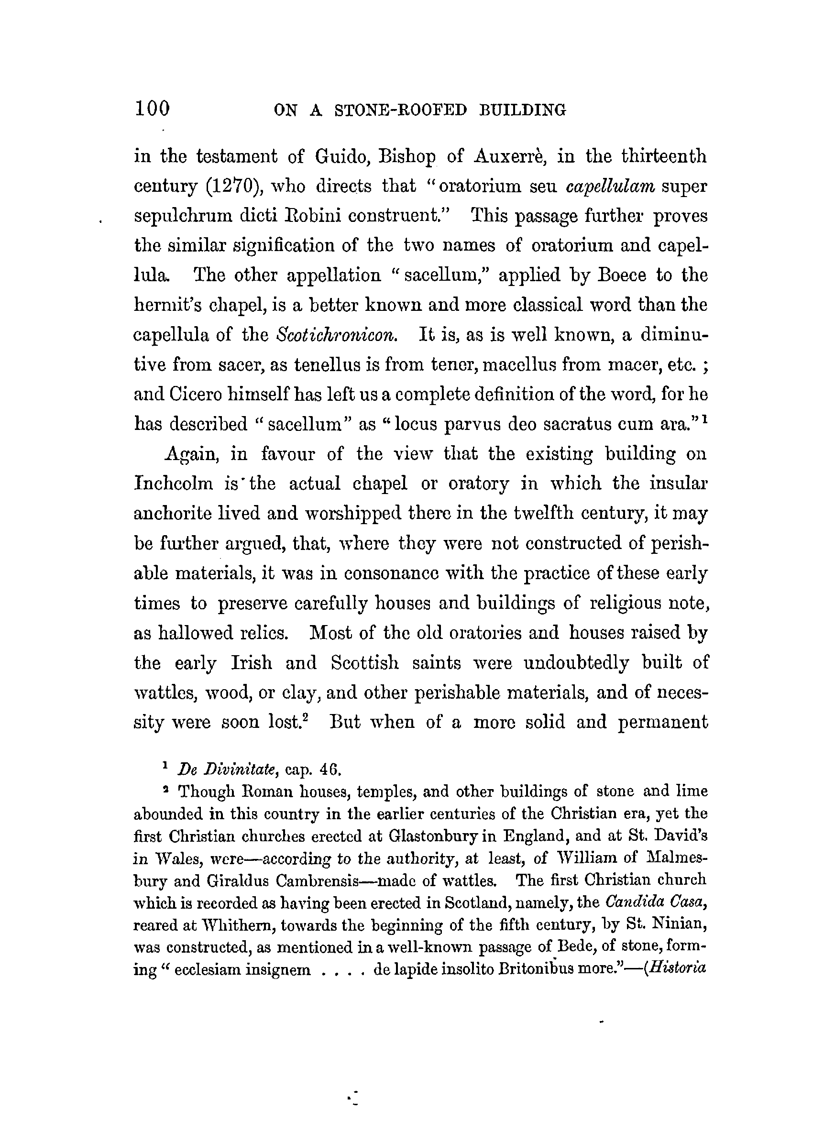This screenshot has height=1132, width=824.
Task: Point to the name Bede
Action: click(574, 946)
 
